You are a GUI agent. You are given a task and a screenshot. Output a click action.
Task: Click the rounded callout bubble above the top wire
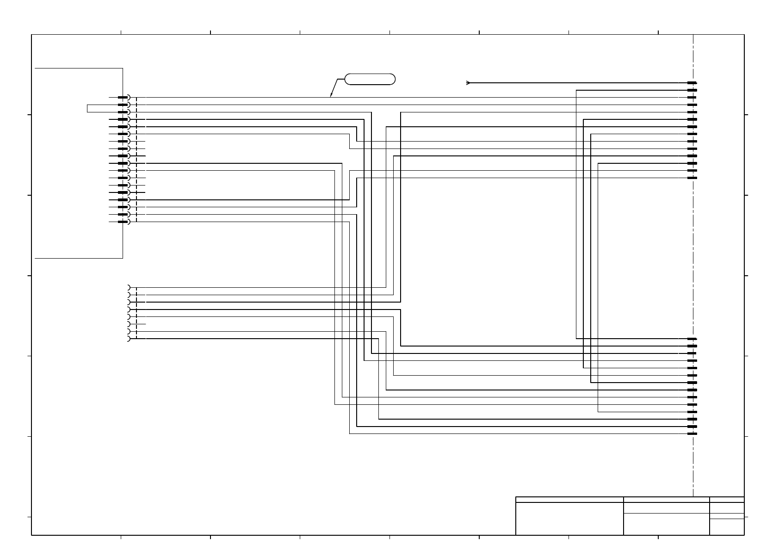click(370, 79)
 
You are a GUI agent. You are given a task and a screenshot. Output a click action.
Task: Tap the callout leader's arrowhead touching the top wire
click(331, 96)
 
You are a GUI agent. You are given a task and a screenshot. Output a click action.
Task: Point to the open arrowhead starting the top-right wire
click(468, 83)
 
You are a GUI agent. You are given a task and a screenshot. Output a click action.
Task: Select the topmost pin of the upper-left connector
click(122, 98)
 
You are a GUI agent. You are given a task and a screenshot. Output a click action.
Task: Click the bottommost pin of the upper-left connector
click(122, 222)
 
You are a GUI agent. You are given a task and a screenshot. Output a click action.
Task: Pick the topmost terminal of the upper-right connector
click(692, 83)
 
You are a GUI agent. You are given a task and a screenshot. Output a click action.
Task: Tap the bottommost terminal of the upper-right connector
click(692, 178)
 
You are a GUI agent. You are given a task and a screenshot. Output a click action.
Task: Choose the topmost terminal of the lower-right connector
click(692, 339)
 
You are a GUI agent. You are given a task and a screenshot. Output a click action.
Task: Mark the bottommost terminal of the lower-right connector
click(692, 434)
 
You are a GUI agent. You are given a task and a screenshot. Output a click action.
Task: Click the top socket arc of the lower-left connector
click(128, 287)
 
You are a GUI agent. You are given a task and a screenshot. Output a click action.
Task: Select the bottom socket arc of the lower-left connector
click(128, 339)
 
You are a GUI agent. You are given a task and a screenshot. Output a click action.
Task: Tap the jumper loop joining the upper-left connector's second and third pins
click(87, 109)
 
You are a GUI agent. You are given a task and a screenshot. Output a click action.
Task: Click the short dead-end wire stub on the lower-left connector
click(142, 324)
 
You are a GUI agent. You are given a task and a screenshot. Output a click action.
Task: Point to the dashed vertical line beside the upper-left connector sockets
click(137, 160)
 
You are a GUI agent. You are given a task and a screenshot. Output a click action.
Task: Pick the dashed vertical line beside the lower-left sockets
click(137, 313)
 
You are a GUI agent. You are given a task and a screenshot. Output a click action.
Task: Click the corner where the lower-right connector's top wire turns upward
click(576, 339)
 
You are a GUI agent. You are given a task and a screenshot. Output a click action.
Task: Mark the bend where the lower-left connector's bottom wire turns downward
click(379, 339)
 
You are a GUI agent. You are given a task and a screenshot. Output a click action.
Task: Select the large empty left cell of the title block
click(569, 519)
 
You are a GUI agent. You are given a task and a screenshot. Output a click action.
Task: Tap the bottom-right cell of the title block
click(727, 527)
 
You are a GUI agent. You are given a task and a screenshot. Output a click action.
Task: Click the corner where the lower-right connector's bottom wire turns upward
click(350, 434)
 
